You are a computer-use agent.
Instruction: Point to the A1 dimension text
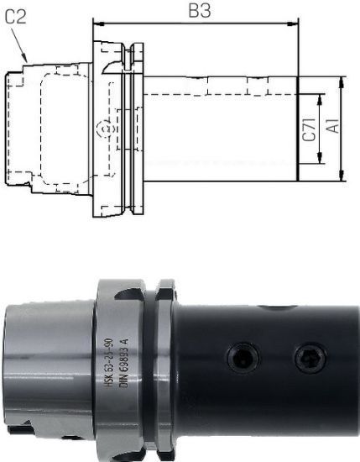(332, 128)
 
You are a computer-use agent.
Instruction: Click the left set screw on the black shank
(241, 360)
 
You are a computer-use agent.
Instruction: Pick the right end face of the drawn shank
(298, 128)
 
